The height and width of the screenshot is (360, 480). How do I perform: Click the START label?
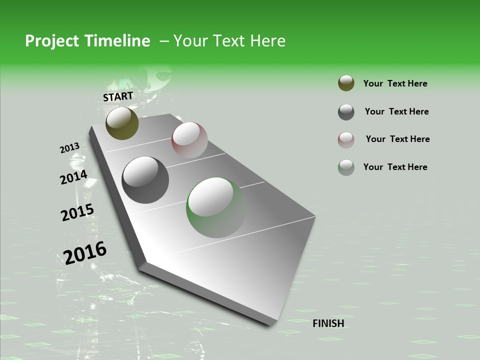118,96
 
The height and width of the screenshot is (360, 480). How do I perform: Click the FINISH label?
328,323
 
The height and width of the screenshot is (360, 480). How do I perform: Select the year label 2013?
69,148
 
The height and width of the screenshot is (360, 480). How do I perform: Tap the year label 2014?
73,177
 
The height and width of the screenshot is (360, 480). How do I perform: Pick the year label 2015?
77,212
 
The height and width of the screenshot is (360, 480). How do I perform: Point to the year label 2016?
85,253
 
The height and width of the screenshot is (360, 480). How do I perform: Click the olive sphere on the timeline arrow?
122,123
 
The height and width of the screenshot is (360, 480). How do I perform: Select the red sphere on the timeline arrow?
189,140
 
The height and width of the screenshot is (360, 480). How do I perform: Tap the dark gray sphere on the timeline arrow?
145,180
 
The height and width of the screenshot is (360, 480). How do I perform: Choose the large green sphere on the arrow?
216,207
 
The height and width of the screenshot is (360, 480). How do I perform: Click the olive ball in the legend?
346,83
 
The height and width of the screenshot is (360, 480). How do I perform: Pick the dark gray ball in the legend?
346,112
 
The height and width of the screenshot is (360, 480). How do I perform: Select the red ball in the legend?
346,140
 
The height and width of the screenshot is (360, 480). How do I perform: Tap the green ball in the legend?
346,167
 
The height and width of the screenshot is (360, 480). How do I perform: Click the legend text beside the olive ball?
395,83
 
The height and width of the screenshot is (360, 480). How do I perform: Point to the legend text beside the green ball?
395,167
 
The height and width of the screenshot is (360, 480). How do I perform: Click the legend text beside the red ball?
397,139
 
